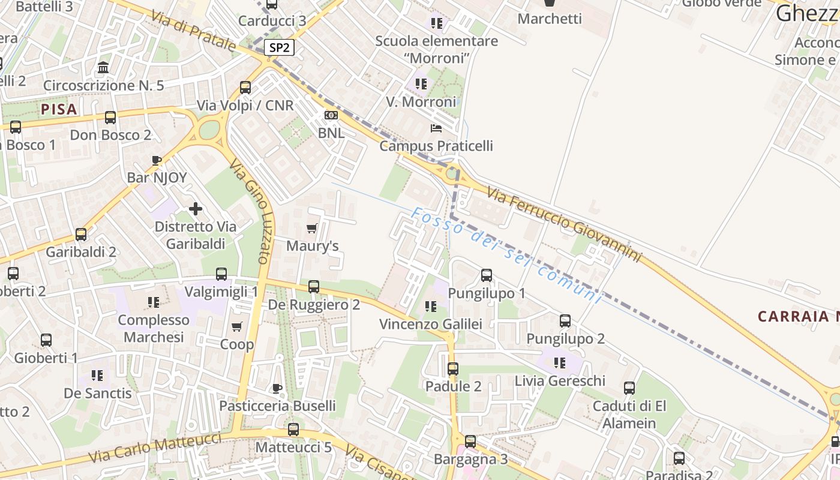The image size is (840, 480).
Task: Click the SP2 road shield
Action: coord(280,48)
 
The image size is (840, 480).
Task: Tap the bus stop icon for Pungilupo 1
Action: coord(487,275)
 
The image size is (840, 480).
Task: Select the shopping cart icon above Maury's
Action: coord(311,228)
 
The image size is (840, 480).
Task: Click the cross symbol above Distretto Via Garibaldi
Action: coord(196,209)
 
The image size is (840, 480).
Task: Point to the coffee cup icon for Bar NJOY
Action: coord(157,160)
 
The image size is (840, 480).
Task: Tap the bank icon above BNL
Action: coord(331,115)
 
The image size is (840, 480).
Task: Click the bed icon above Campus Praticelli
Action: coord(436,128)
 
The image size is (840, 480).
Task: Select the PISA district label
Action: coord(59,109)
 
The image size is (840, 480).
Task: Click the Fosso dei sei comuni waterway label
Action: coord(506,255)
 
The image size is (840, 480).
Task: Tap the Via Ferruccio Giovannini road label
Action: coord(564,224)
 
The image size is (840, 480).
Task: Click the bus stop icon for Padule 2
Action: coord(453,368)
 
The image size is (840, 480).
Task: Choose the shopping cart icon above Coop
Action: coord(237,327)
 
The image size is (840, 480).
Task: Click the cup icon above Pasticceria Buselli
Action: coord(277,388)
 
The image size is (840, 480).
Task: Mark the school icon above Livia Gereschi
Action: coord(560,363)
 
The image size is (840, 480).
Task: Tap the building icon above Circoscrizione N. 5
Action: coord(103,67)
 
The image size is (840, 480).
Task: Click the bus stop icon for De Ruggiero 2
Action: coord(314,287)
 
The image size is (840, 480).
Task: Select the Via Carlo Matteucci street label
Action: coord(155,448)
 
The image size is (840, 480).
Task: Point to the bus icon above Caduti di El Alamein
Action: coord(629,388)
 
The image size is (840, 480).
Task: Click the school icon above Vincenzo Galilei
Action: coord(430,307)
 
